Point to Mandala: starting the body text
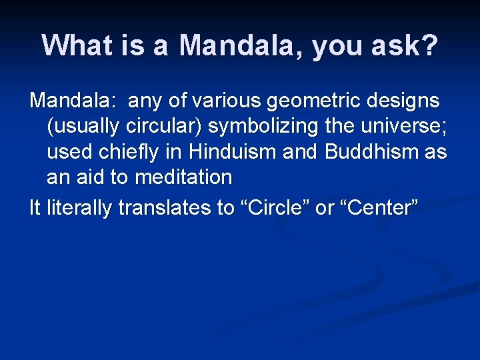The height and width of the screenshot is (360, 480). pyautogui.click(x=72, y=101)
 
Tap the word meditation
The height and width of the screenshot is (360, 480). pyautogui.click(x=183, y=177)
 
